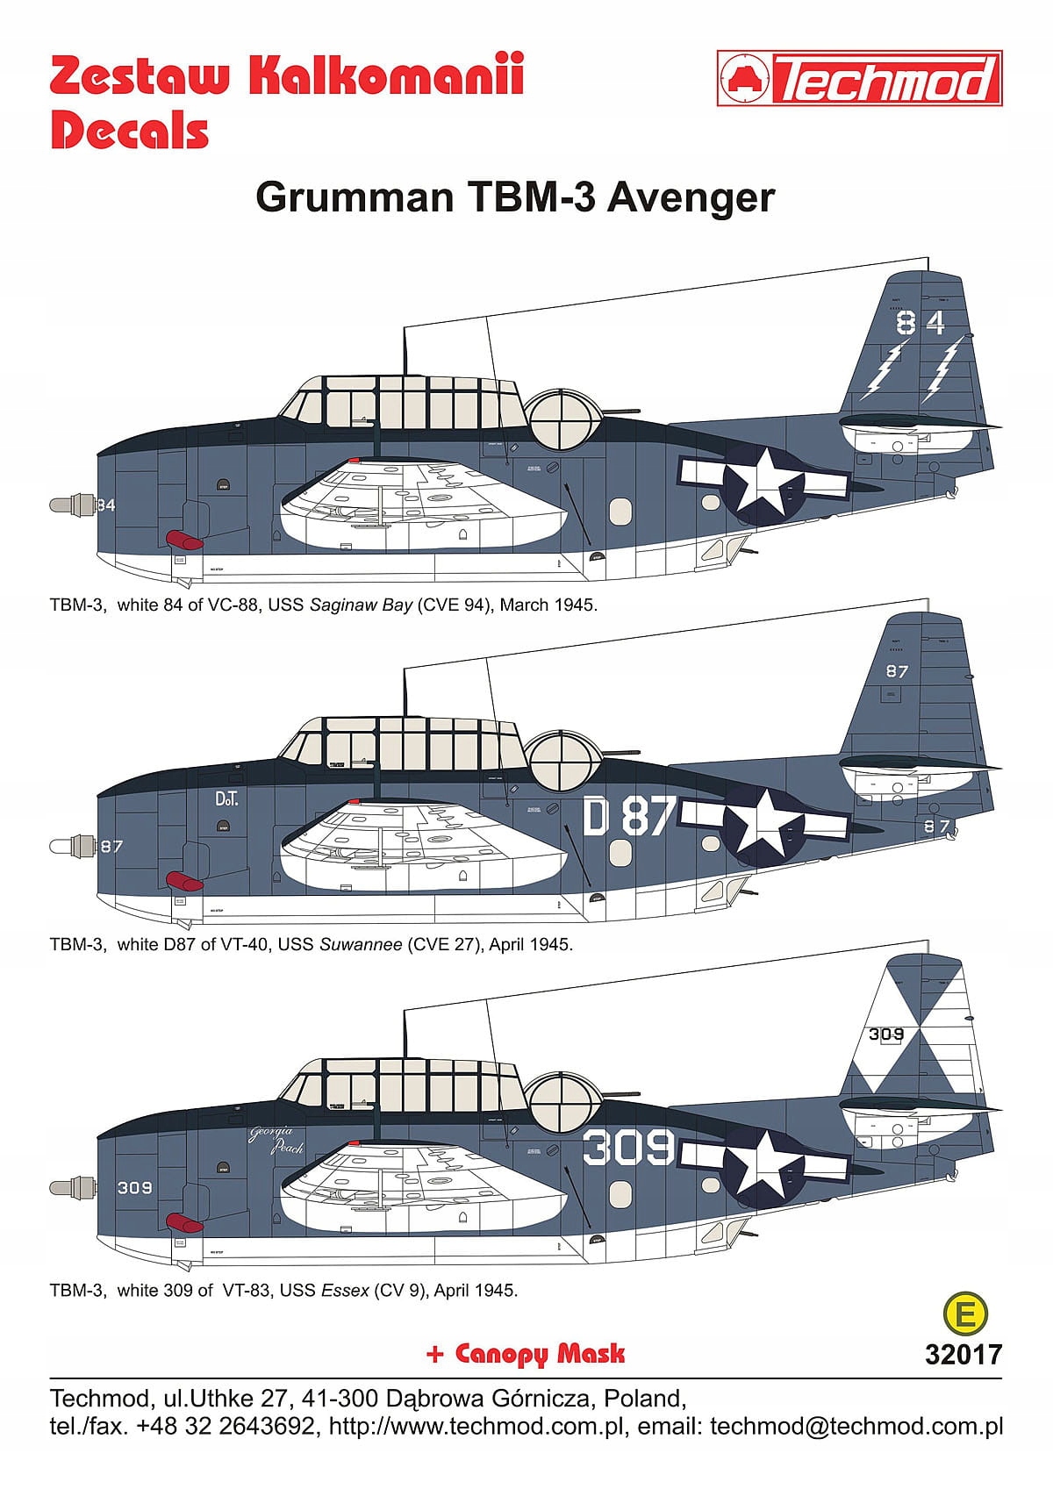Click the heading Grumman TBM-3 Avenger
(x=515, y=197)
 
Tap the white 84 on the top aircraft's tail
(x=920, y=323)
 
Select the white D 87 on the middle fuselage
(x=628, y=817)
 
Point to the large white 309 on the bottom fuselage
(x=628, y=1147)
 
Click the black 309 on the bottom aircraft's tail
(x=886, y=1034)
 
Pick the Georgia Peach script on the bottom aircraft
(x=276, y=1138)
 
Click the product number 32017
(x=963, y=1355)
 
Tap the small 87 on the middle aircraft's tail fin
(x=897, y=671)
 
